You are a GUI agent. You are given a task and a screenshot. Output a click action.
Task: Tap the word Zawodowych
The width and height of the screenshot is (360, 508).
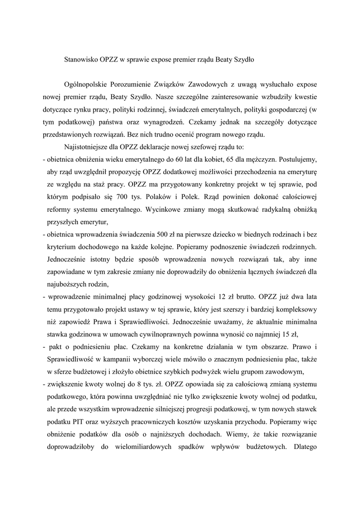[x=208, y=84]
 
